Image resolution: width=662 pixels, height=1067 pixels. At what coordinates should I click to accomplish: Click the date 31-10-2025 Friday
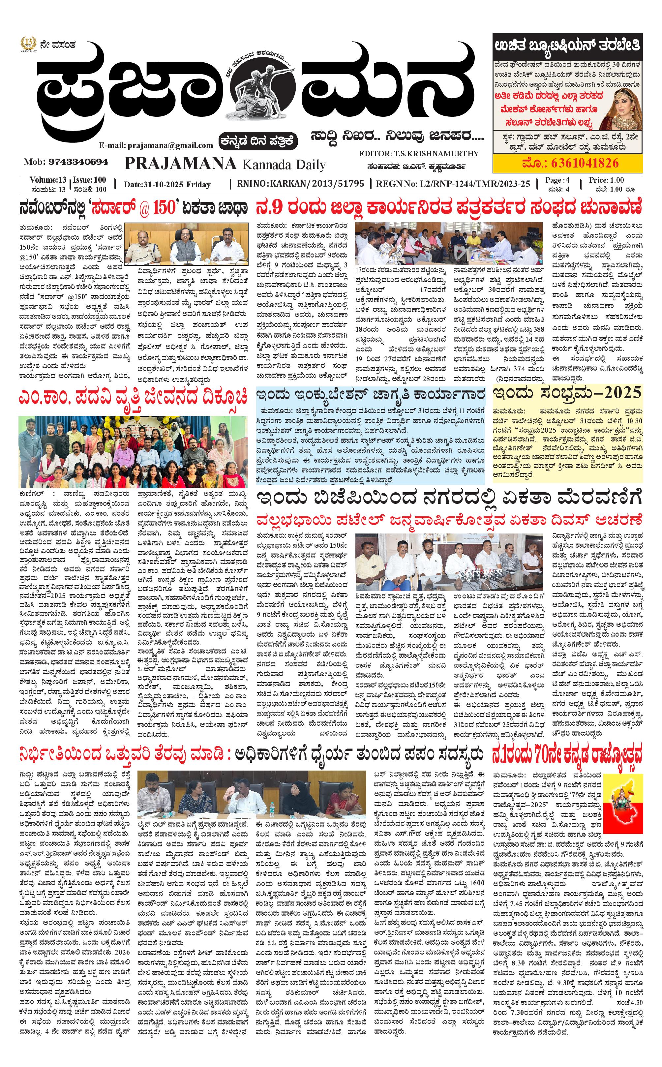(167, 184)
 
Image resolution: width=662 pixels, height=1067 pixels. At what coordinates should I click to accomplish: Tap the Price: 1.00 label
(606, 180)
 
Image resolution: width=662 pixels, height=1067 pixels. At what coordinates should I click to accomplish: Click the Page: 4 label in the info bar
(557, 180)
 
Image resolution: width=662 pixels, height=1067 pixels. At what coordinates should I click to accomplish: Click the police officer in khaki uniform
(146, 246)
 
